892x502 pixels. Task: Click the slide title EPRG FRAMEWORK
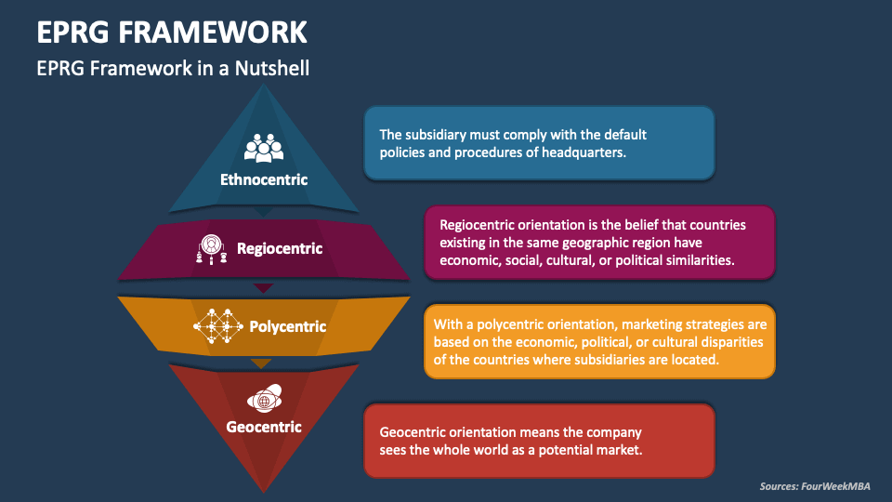[172, 32]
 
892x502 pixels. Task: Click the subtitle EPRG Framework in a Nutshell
[173, 68]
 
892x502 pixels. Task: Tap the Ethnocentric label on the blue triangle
[264, 179]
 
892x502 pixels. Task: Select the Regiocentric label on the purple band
[280, 248]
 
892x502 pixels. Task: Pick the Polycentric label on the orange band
[288, 326]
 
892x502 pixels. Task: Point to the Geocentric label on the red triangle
[264, 427]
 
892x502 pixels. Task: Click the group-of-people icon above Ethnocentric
[264, 149]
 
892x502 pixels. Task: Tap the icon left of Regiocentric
[212, 248]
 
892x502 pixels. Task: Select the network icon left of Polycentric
[217, 326]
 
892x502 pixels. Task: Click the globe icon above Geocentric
[264, 399]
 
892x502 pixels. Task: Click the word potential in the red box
[561, 450]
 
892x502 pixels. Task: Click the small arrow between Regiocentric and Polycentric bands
[264, 287]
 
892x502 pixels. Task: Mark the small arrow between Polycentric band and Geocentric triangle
[264, 363]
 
